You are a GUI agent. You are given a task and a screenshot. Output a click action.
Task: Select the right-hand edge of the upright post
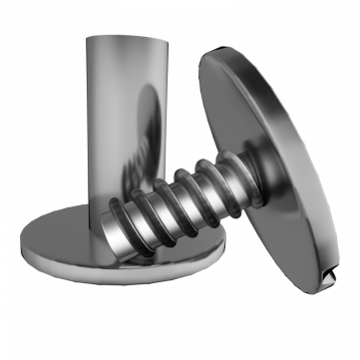(x=166, y=100)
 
